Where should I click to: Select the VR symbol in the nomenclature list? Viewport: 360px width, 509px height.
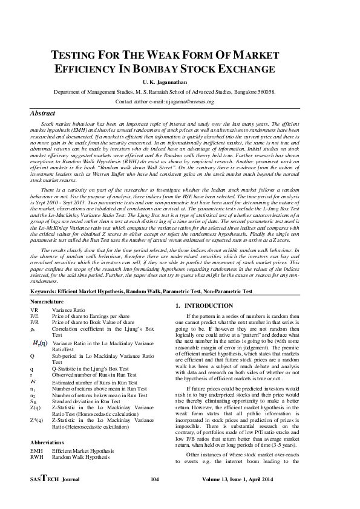click(x=34, y=309)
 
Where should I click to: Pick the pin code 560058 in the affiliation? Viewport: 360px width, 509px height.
click(x=264, y=92)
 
